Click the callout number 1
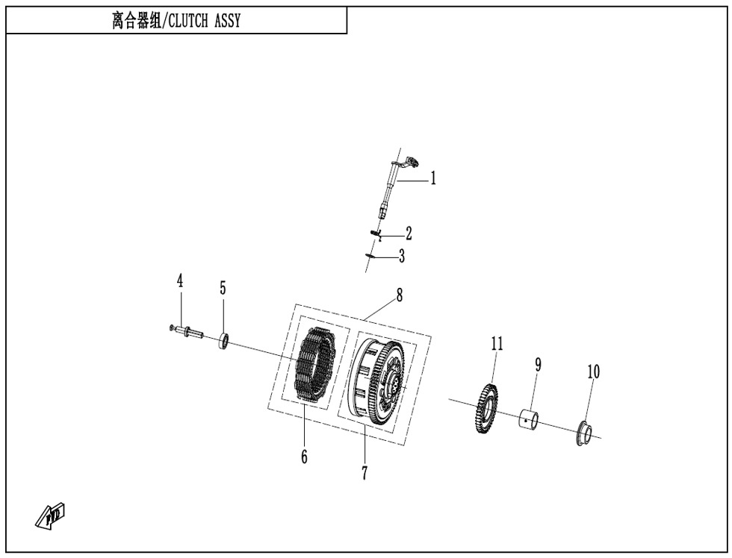click(433, 178)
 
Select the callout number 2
click(409, 233)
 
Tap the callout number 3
click(402, 257)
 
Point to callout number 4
click(180, 280)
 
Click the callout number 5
click(223, 289)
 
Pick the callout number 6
click(305, 457)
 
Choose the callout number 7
click(364, 472)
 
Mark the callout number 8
click(400, 295)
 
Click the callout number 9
click(538, 365)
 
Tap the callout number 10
click(593, 372)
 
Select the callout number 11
click(497, 343)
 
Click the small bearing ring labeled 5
click(223, 342)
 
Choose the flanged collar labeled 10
click(584, 435)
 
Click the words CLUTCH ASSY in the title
click(204, 21)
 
